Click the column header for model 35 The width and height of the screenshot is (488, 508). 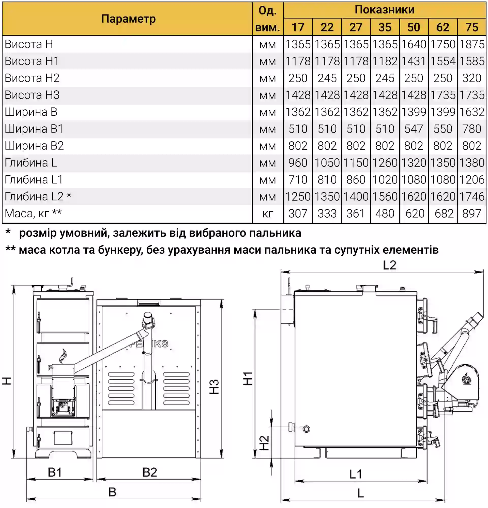(385, 27)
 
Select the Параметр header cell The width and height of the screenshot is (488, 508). (128, 19)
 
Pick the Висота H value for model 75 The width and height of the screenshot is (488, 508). (471, 44)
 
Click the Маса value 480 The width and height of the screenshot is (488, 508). (385, 214)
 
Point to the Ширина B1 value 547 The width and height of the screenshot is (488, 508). (414, 129)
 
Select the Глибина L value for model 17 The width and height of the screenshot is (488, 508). (298, 163)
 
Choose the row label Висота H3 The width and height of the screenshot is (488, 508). (32, 95)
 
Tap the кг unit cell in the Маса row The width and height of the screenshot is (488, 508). (267, 214)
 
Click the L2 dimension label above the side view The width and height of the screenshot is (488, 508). (389, 265)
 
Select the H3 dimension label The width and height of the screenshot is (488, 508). (214, 387)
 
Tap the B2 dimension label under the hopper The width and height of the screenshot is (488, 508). (150, 472)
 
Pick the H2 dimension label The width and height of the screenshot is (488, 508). (264, 443)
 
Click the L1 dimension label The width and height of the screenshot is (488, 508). (355, 474)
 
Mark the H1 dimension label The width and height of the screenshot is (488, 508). (248, 379)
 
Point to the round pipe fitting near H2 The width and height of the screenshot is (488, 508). (306, 429)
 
